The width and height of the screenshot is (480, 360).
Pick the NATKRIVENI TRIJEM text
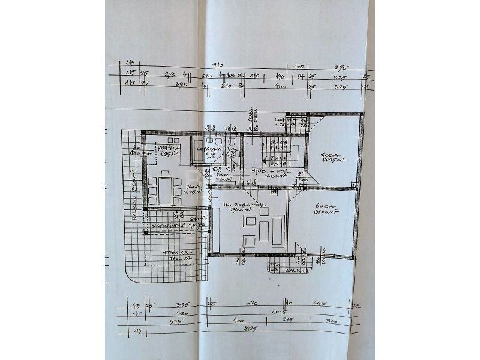click(174, 226)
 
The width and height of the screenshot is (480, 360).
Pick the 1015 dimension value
click(277, 312)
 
